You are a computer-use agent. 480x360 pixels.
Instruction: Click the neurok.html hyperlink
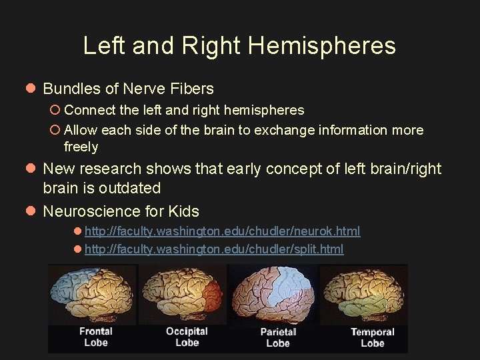pyautogui.click(x=223, y=231)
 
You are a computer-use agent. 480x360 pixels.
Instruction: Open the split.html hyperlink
pyautogui.click(x=214, y=249)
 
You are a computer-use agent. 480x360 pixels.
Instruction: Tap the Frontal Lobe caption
pyautogui.click(x=95, y=337)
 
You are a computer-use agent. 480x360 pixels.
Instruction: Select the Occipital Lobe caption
pyautogui.click(x=187, y=337)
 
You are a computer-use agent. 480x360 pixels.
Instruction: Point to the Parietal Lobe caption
pyautogui.click(x=278, y=337)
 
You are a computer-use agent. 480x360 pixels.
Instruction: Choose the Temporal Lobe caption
pyautogui.click(x=372, y=337)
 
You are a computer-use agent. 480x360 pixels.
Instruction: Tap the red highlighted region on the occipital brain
pyautogui.click(x=213, y=293)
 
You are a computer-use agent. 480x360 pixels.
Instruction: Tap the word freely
pyautogui.click(x=81, y=147)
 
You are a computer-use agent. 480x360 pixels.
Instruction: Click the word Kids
pyautogui.click(x=183, y=212)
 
